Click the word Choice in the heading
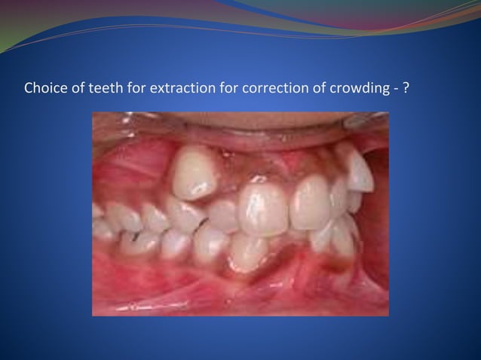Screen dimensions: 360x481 click(42, 87)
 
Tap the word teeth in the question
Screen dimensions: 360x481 click(97, 87)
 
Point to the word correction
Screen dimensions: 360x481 click(259, 87)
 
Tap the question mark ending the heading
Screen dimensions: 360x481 click(406, 87)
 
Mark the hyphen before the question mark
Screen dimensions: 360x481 click(394, 88)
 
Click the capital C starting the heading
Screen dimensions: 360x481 click(29, 87)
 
